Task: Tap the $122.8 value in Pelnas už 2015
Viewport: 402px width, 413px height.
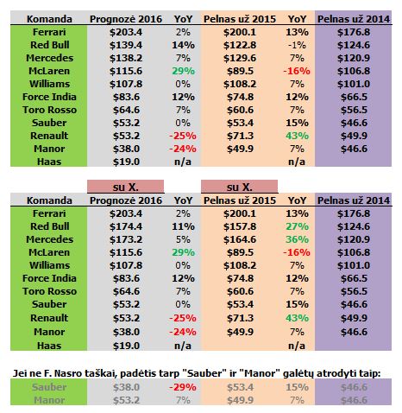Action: click(x=233, y=43)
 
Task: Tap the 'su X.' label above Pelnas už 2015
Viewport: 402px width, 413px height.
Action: click(x=234, y=186)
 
